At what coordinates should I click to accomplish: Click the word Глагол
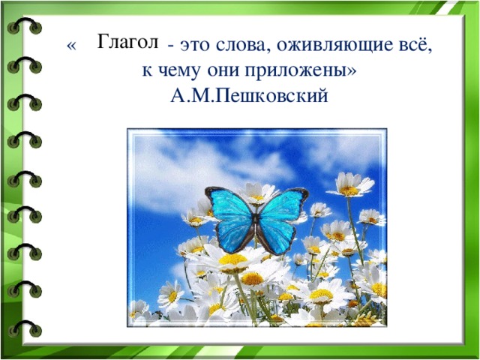127,42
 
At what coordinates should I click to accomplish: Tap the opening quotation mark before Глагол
71,46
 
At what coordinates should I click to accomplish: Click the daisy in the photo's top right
349,184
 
